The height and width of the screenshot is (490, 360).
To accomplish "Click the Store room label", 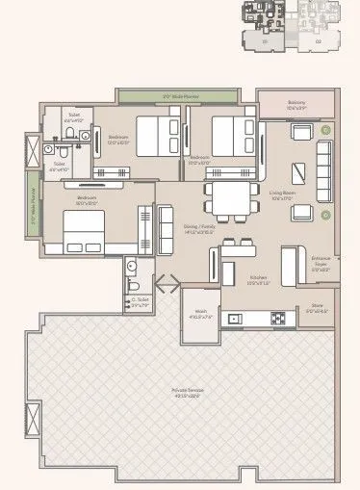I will coord(317,309).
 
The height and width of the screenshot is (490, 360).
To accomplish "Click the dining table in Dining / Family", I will coord(222,201).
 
